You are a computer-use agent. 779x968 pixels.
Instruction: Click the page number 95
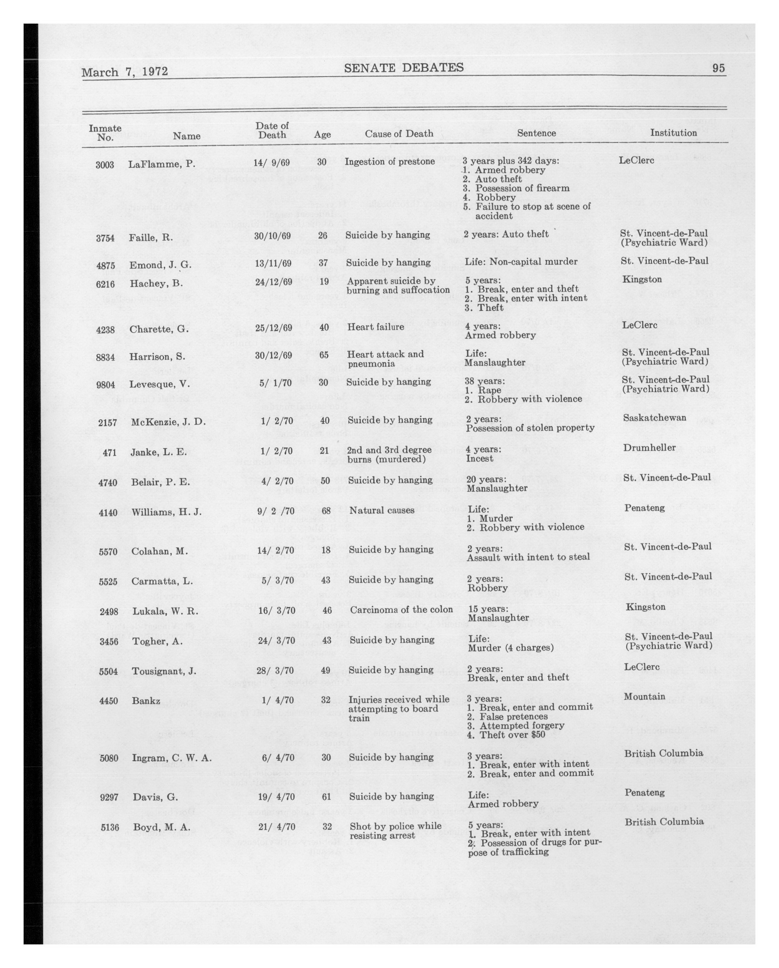pos(718,68)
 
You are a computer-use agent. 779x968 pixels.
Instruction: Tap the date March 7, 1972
pos(125,72)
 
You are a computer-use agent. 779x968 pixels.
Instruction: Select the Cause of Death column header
pos(399,133)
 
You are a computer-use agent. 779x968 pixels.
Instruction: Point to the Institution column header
pos(673,132)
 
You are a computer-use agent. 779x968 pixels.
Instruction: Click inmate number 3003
pos(105,165)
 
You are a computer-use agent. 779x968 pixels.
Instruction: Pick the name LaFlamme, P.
pos(162,164)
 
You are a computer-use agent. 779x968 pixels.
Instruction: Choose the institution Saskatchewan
pos(654,418)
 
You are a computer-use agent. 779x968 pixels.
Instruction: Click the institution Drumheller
pos(649,447)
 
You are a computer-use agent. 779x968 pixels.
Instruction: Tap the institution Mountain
pos(644,696)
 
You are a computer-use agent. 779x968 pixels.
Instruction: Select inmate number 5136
pos(110,827)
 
